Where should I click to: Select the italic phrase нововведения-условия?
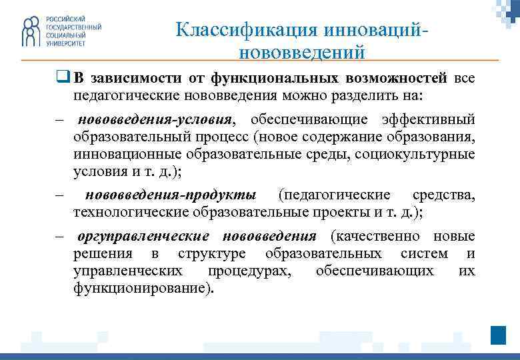pos(155,119)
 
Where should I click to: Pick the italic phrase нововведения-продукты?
pos(171,195)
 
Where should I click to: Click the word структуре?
pos(211,254)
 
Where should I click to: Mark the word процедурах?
pos(249,271)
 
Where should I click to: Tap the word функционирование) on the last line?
pos(144,289)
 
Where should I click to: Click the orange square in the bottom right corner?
pos(498,335)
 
